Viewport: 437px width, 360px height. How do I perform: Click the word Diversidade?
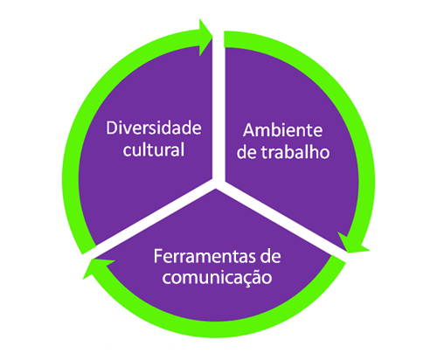click(x=154, y=128)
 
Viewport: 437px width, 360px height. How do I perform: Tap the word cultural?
click(x=154, y=149)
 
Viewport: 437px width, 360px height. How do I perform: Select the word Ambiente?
click(x=283, y=130)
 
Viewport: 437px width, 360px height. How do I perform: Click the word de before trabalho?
click(x=246, y=152)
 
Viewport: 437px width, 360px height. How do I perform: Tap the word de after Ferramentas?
click(x=271, y=257)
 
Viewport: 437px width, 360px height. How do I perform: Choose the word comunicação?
click(x=217, y=278)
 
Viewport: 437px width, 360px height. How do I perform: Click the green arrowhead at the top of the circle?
click(x=206, y=38)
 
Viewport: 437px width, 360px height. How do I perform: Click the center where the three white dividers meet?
click(x=218, y=183)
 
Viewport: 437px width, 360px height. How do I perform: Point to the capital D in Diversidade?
click(x=112, y=128)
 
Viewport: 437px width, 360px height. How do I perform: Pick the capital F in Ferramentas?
click(x=158, y=256)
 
